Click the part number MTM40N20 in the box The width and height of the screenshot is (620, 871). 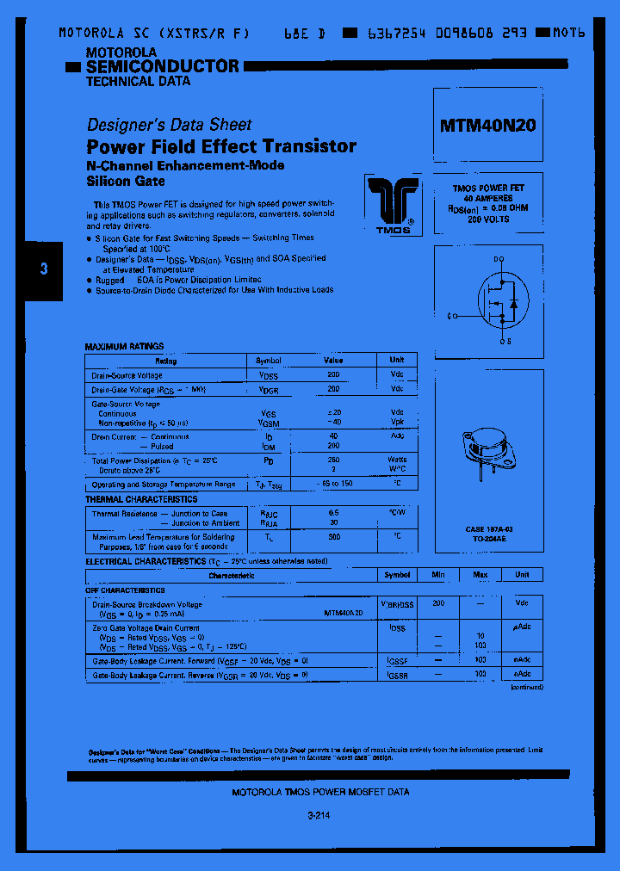tap(488, 126)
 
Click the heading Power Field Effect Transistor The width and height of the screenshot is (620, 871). tap(221, 146)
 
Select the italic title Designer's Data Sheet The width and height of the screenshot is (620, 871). tap(170, 124)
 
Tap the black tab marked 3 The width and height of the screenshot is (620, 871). tap(44, 269)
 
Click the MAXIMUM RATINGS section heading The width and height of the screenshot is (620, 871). tap(124, 346)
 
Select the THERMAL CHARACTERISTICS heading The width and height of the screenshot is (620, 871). tap(141, 499)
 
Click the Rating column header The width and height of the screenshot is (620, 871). tap(165, 361)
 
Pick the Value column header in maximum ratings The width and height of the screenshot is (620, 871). tap(332, 361)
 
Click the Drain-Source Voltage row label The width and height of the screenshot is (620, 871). tap(127, 375)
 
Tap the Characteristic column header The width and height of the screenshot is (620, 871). tap(232, 575)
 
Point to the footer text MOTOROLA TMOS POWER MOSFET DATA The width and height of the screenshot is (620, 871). tap(321, 792)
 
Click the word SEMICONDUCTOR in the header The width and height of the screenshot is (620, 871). tap(163, 66)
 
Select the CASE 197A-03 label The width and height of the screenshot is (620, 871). tap(489, 528)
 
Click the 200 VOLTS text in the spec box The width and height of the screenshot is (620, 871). tap(488, 219)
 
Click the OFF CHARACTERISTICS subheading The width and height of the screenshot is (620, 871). tap(125, 590)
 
